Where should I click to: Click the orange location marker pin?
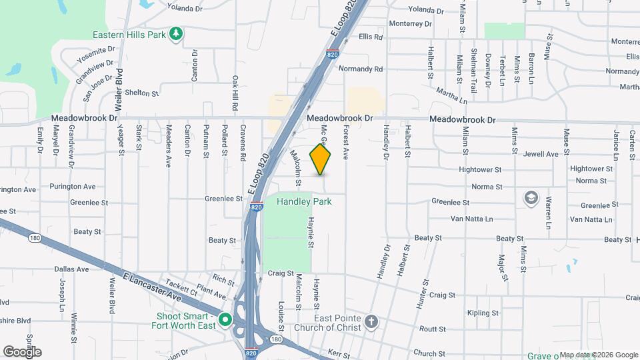[321, 159]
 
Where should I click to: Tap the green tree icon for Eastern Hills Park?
[175, 34]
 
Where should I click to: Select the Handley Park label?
[305, 201]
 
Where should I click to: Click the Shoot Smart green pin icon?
[225, 321]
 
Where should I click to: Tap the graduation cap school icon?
[531, 198]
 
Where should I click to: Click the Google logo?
[22, 351]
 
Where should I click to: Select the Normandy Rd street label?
[361, 69]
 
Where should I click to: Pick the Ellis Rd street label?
[370, 37]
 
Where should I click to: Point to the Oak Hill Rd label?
[235, 89]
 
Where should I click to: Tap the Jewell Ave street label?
[541, 154]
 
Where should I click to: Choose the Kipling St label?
[483, 313]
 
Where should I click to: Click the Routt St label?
[433, 329]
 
